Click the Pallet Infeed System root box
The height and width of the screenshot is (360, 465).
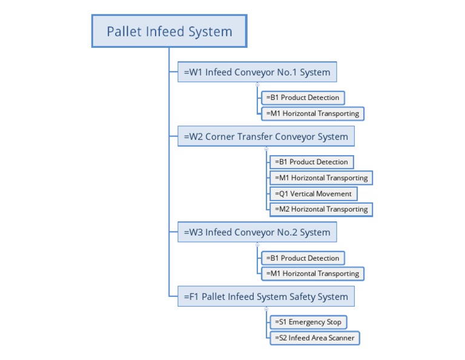point(170,31)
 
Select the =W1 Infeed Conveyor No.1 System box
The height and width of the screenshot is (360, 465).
point(257,72)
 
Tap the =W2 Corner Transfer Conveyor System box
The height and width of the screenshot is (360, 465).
point(266,136)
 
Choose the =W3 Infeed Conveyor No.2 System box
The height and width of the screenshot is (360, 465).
point(257,232)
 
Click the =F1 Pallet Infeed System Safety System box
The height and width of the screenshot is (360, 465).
point(266,297)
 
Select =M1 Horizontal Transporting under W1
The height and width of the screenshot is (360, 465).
point(312,113)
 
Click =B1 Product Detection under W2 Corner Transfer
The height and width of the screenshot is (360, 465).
point(311,162)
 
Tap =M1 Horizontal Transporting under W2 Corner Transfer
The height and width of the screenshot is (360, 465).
point(321,178)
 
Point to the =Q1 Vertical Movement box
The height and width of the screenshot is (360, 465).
point(313,194)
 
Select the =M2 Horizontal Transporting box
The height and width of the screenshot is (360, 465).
point(321,209)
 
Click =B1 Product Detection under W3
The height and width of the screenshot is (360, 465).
point(303,258)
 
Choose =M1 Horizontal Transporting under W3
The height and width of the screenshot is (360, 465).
point(312,273)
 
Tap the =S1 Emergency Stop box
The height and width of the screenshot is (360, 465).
point(308,322)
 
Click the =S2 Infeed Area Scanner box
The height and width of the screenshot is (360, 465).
point(315,338)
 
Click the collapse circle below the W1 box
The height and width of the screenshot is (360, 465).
point(257,84)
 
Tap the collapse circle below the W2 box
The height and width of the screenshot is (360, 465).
point(266,148)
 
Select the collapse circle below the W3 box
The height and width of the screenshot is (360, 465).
point(257,244)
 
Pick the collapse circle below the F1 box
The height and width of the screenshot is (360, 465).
point(266,309)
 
